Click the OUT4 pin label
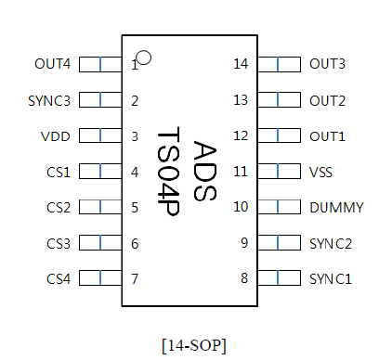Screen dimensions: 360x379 click(52, 64)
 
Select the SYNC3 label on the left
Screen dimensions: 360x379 click(49, 100)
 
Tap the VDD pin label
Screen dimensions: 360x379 click(56, 136)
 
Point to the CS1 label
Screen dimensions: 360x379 click(58, 172)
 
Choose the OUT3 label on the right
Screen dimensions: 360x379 click(327, 64)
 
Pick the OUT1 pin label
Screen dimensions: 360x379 click(327, 136)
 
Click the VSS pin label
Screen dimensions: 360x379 click(321, 172)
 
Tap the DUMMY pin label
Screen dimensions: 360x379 click(335, 208)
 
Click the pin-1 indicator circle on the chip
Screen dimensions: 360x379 click(144, 58)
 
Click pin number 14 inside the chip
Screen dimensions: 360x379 click(241, 64)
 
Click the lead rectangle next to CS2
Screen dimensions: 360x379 click(100, 208)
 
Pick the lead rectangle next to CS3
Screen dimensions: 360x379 click(100, 243)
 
